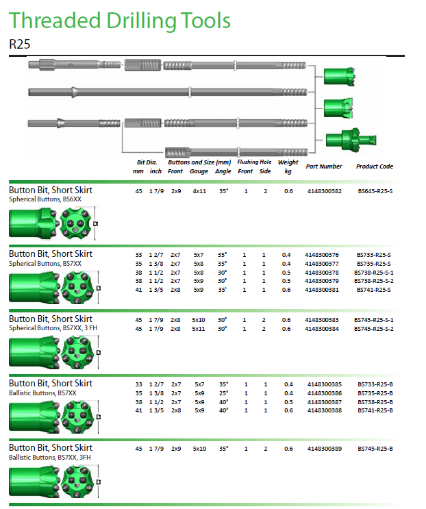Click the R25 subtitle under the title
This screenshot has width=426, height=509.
pos(19,44)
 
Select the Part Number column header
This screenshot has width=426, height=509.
pos(324,166)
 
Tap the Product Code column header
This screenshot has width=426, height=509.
pos(375,166)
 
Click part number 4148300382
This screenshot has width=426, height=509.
pos(325,191)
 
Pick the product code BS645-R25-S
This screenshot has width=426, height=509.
pos(375,191)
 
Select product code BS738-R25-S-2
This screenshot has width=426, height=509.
pos(374,281)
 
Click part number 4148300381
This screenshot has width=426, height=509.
pos(321,290)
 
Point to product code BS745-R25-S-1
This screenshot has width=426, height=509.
pos(374,320)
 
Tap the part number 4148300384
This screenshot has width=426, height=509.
pos(321,329)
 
